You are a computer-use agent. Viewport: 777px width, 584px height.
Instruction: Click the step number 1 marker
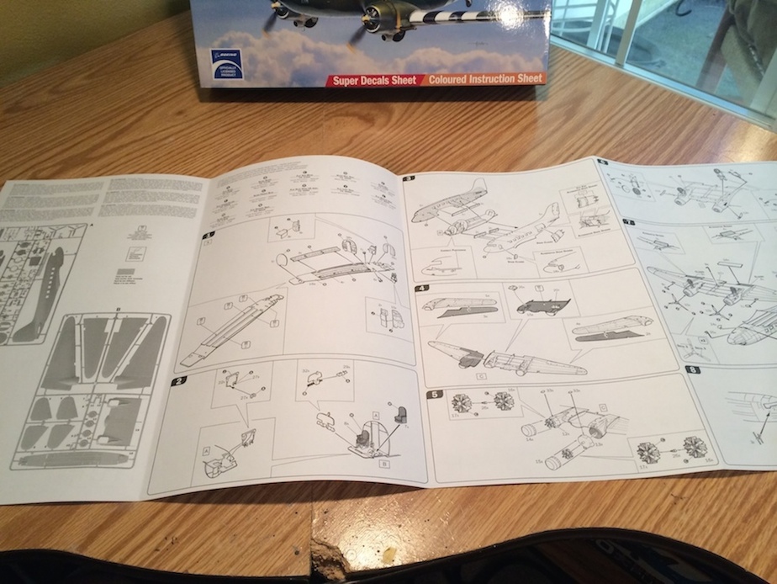209,234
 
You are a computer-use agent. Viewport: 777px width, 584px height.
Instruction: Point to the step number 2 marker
178,381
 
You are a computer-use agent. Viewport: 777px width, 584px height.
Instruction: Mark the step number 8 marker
692,369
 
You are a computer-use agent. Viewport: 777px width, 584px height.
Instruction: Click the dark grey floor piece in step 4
543,305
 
